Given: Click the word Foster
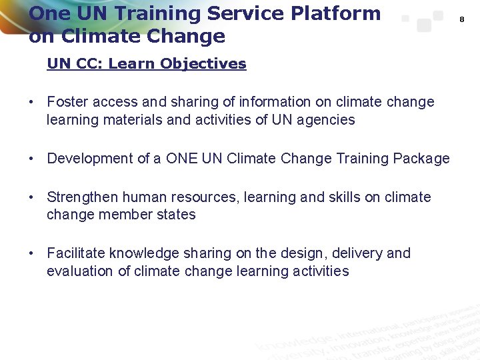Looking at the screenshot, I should point(68,102).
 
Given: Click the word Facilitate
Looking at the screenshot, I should point(76,253).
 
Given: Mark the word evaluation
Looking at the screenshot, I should point(80,271).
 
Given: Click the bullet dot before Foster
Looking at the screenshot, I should point(31,103).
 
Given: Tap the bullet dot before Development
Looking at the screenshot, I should point(31,159).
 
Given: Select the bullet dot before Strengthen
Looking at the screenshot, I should point(31,198).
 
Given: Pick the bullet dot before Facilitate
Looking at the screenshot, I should point(31,254).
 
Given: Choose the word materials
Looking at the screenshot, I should point(127,120).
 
